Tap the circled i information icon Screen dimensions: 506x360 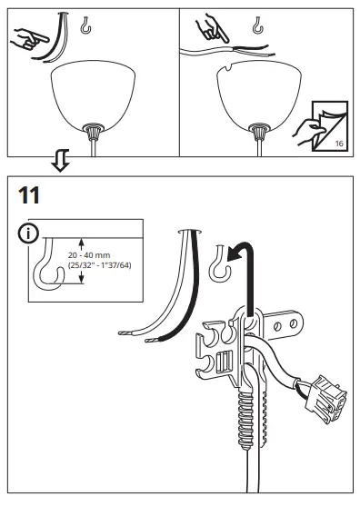[x=29, y=233]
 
